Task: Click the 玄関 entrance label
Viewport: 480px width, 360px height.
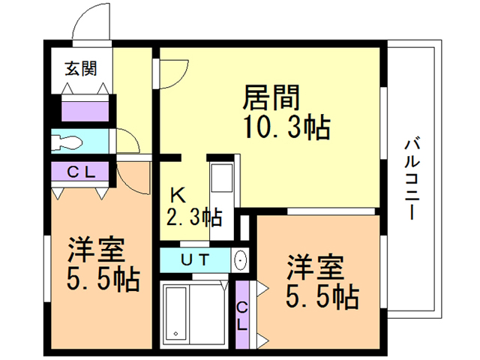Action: (80, 69)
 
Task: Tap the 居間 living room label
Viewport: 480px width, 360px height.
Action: (271, 98)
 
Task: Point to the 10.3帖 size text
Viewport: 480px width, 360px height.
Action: (286, 128)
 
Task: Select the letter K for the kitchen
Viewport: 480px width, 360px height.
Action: (178, 194)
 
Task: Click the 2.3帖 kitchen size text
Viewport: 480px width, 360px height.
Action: (193, 218)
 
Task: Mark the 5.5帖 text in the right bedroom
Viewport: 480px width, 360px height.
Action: (323, 298)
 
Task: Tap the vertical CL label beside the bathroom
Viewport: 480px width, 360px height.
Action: (242, 316)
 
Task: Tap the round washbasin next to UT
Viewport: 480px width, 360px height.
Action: (241, 261)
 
